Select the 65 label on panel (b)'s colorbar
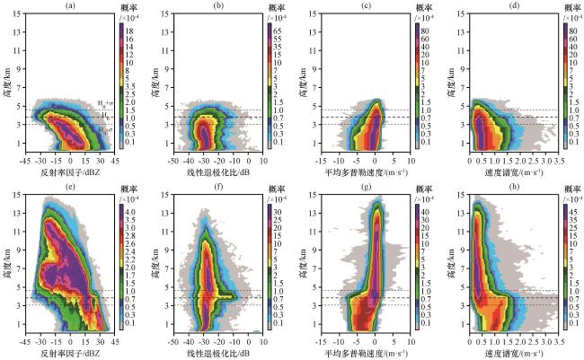275,30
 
